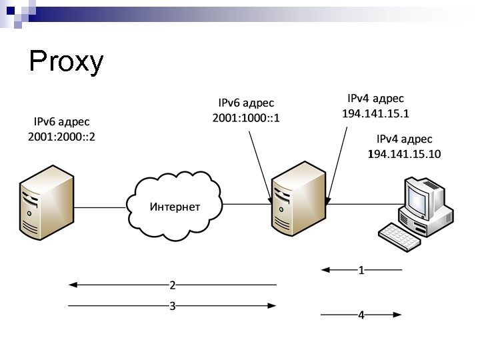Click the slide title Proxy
tap(67, 62)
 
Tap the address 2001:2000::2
tap(67, 137)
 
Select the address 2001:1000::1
tap(246, 119)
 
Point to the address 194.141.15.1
tap(375, 113)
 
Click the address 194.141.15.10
tap(404, 154)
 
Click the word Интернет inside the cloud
tap(175, 207)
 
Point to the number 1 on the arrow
tap(361, 271)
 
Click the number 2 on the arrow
tap(172, 285)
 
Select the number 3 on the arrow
tap(172, 306)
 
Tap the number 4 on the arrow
tap(361, 315)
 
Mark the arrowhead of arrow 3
tap(271, 306)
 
